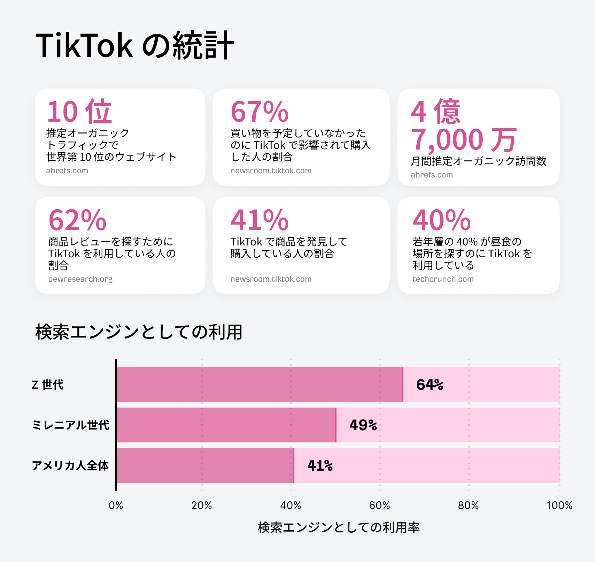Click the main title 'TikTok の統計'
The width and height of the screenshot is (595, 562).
[134, 45]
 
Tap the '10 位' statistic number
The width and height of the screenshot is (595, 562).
[79, 112]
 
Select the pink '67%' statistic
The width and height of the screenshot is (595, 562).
[260, 112]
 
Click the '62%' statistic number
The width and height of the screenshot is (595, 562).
[77, 220]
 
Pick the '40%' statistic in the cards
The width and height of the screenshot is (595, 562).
[441, 220]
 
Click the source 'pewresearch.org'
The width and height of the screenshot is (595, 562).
[80, 279]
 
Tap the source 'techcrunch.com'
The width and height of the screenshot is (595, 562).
[443, 279]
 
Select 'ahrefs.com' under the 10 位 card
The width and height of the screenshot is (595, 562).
[67, 170]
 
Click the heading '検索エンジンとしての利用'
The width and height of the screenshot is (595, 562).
[139, 332]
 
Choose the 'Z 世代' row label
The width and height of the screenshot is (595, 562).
[48, 385]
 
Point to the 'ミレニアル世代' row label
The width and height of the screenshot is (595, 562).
[70, 425]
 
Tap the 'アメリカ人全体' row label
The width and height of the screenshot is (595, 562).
[70, 465]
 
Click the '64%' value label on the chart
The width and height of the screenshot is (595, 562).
[430, 385]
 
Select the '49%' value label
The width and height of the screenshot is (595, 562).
[363, 425]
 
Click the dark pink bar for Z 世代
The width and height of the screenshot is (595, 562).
[260, 385]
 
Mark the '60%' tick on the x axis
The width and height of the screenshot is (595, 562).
[379, 506]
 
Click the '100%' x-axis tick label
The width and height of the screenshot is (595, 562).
[559, 506]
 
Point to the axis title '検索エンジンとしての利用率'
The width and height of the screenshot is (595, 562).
[339, 527]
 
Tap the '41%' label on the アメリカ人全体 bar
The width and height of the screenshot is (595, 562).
[320, 465]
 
